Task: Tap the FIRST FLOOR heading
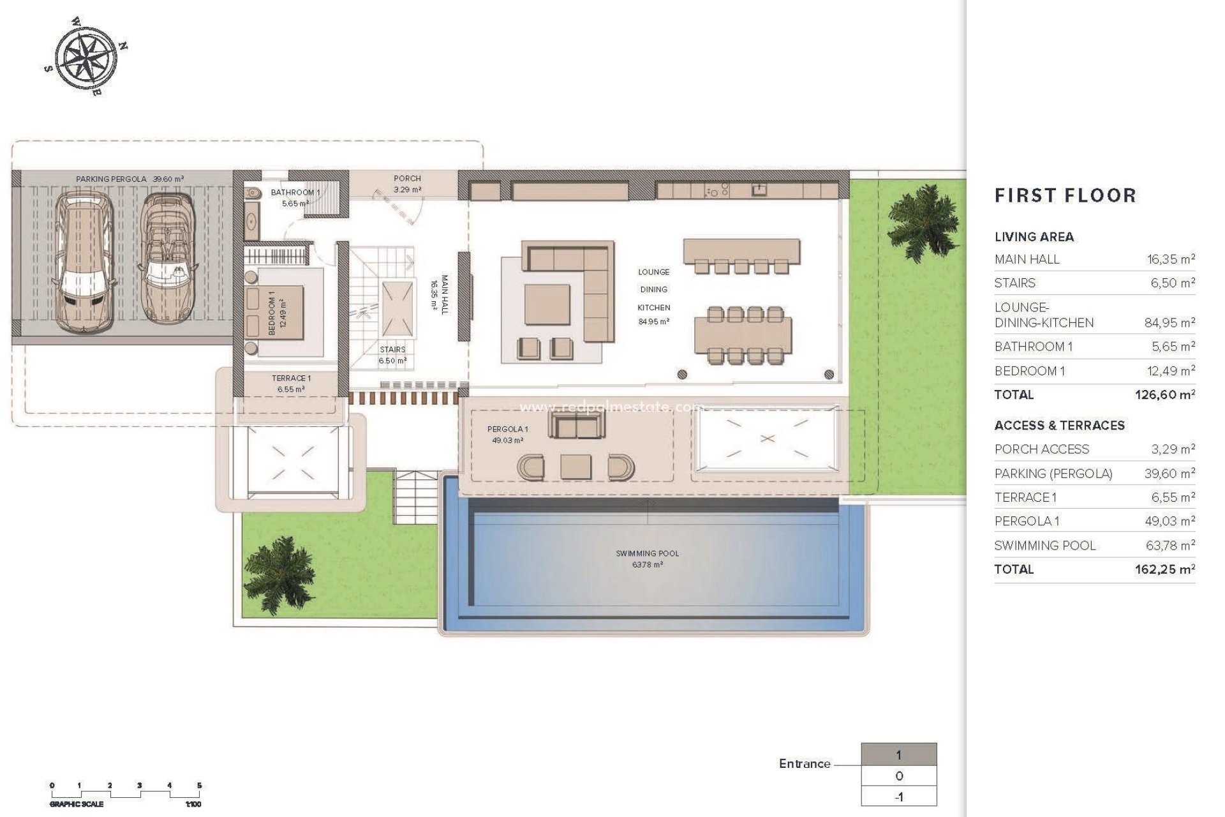pos(1065,195)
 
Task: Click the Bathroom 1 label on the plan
pos(295,192)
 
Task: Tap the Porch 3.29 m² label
pos(407,184)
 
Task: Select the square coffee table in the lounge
pos(547,304)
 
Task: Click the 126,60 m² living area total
pos(1164,395)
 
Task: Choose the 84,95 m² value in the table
pos(1169,323)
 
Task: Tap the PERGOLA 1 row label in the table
pos(1026,521)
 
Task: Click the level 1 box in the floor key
pos(898,755)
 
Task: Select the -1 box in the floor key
pos(898,797)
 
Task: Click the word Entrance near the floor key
pos(804,764)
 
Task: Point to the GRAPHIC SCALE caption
pos(77,804)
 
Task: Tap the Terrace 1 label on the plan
pos(291,384)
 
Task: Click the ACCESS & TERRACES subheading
pos(1059,426)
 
